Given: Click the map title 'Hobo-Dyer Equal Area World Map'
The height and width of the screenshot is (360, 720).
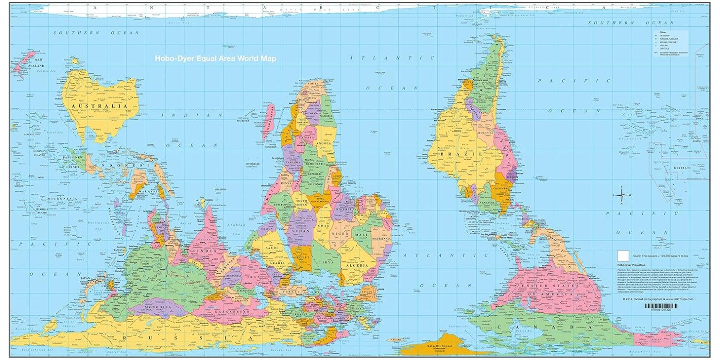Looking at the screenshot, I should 215,58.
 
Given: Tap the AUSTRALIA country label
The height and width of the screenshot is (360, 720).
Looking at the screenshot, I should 98,105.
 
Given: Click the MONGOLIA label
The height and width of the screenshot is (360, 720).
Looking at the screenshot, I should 156,308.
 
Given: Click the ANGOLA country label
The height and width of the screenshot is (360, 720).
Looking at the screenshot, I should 324,143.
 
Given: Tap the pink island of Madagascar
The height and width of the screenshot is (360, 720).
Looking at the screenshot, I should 268,121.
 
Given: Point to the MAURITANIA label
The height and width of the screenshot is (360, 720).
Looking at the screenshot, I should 381,239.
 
